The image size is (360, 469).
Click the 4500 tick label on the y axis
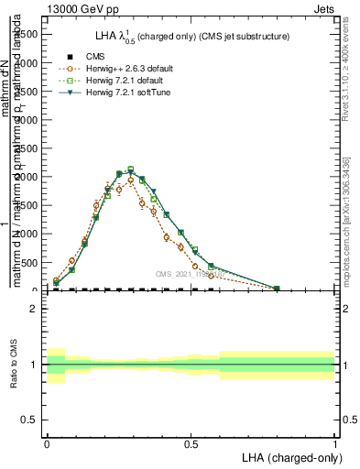pyautogui.click(x=26, y=33)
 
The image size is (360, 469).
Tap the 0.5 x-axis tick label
pyautogui.click(x=191, y=443)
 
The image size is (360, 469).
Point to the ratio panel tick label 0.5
pyautogui.click(x=29, y=420)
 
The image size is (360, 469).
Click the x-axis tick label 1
pyautogui.click(x=335, y=443)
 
